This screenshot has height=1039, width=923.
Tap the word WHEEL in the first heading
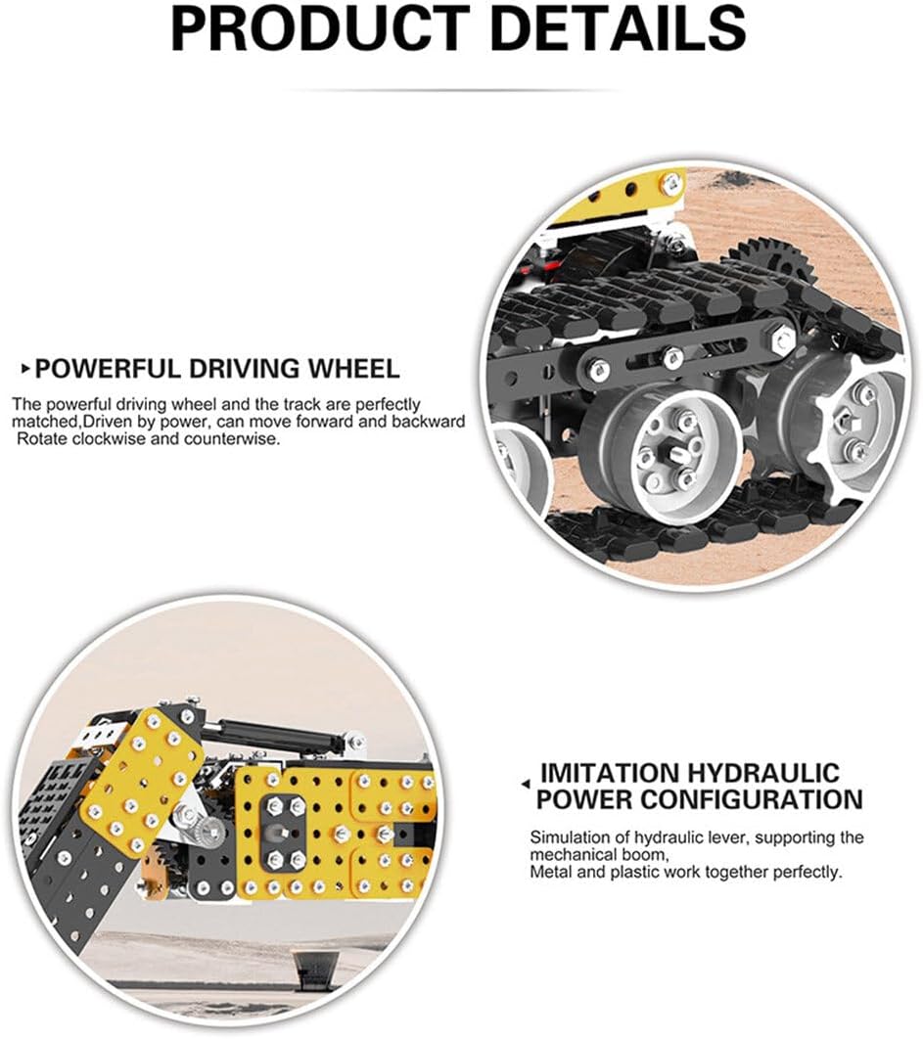(351, 369)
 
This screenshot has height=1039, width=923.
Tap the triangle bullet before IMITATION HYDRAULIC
(526, 785)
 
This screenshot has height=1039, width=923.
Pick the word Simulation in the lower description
(566, 837)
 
